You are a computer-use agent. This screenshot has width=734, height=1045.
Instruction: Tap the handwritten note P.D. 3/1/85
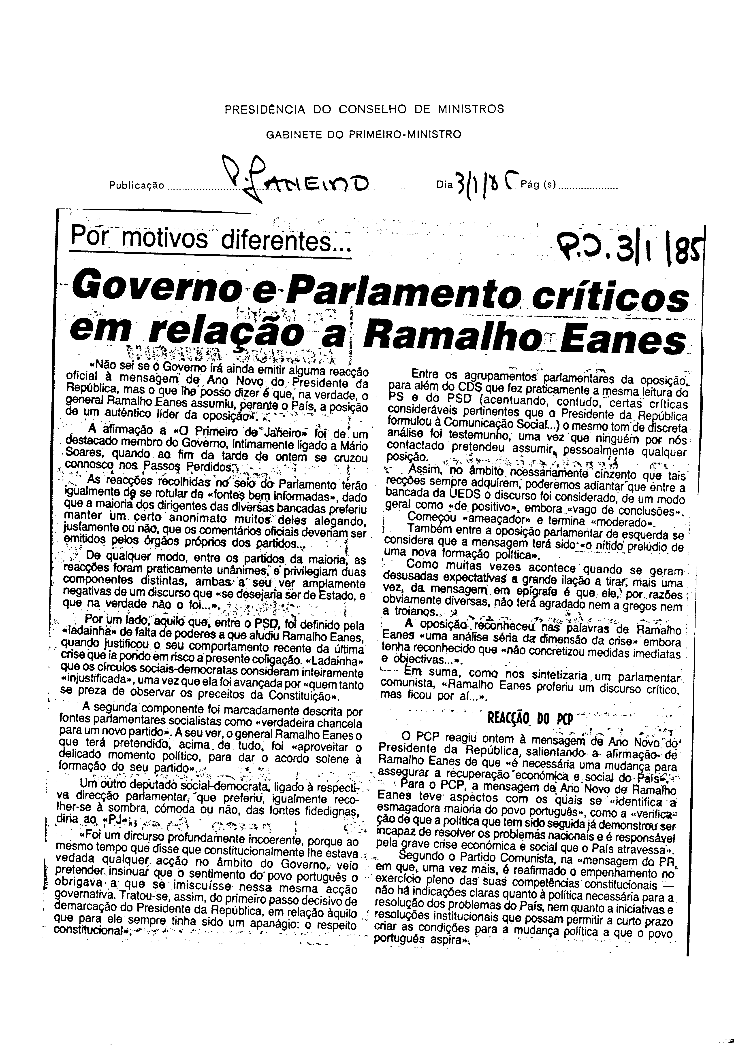pos(631,246)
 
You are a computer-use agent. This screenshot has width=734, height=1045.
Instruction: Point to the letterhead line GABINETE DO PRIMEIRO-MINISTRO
pos(363,135)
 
